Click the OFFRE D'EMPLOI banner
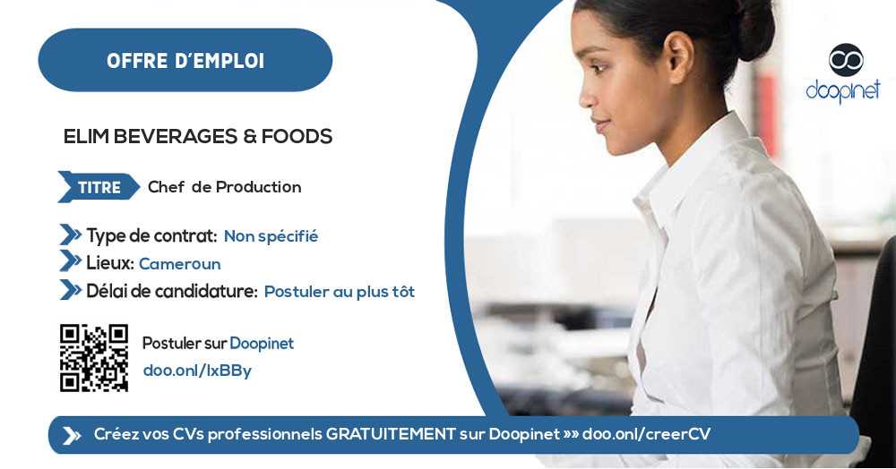185,61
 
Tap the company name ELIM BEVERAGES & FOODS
198,137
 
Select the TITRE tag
99,187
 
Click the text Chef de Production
224,187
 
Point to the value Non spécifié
271,236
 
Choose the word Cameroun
179,264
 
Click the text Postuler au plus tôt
339,292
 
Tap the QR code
94,358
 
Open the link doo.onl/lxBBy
197,371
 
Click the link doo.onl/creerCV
646,434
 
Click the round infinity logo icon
845,59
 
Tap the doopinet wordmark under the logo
843,90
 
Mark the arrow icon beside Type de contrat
70,235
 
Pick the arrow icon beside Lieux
70,261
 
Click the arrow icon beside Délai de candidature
70,290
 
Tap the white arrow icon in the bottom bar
72,435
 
